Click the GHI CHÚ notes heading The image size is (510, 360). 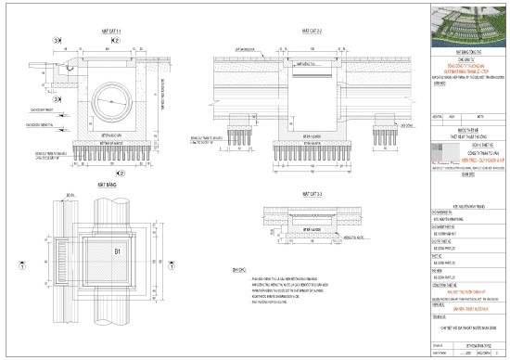pyautogui.click(x=239, y=269)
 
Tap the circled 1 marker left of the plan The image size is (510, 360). pyautogui.click(x=20, y=263)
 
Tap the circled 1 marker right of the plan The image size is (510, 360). pyautogui.click(x=220, y=263)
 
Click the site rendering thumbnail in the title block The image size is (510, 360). pyautogui.click(x=467, y=19)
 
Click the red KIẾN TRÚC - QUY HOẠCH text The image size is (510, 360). pyautogui.click(x=466, y=159)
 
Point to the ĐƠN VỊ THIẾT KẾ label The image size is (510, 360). pyautogui.click(x=466, y=143)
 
